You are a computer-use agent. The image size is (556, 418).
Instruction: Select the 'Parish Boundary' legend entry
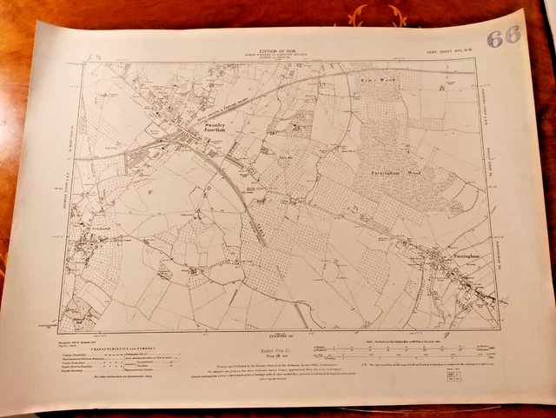click(x=87, y=374)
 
